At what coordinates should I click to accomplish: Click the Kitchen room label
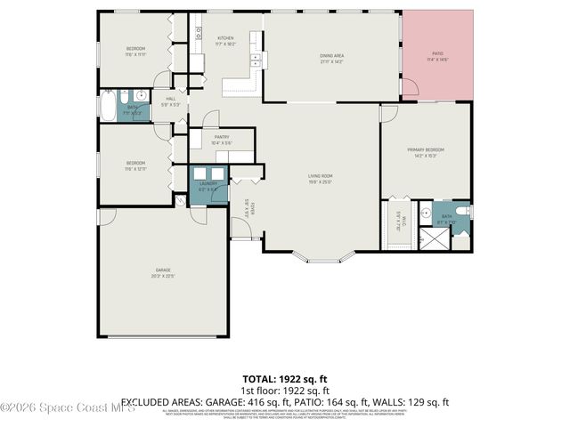[x=225, y=38]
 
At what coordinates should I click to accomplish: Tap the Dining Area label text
[x=331, y=56]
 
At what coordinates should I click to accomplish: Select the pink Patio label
[x=437, y=53]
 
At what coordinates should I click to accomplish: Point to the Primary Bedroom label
[x=426, y=149]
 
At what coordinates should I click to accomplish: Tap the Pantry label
[x=222, y=137]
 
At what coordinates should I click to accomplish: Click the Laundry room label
[x=208, y=184]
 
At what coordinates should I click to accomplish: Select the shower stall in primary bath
[x=436, y=238]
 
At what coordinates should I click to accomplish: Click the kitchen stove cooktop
[x=199, y=36]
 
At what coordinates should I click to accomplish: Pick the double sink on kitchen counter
[x=255, y=60]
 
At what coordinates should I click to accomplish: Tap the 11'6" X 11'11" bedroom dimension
[x=135, y=54]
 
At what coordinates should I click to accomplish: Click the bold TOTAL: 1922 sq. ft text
[x=285, y=378]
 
